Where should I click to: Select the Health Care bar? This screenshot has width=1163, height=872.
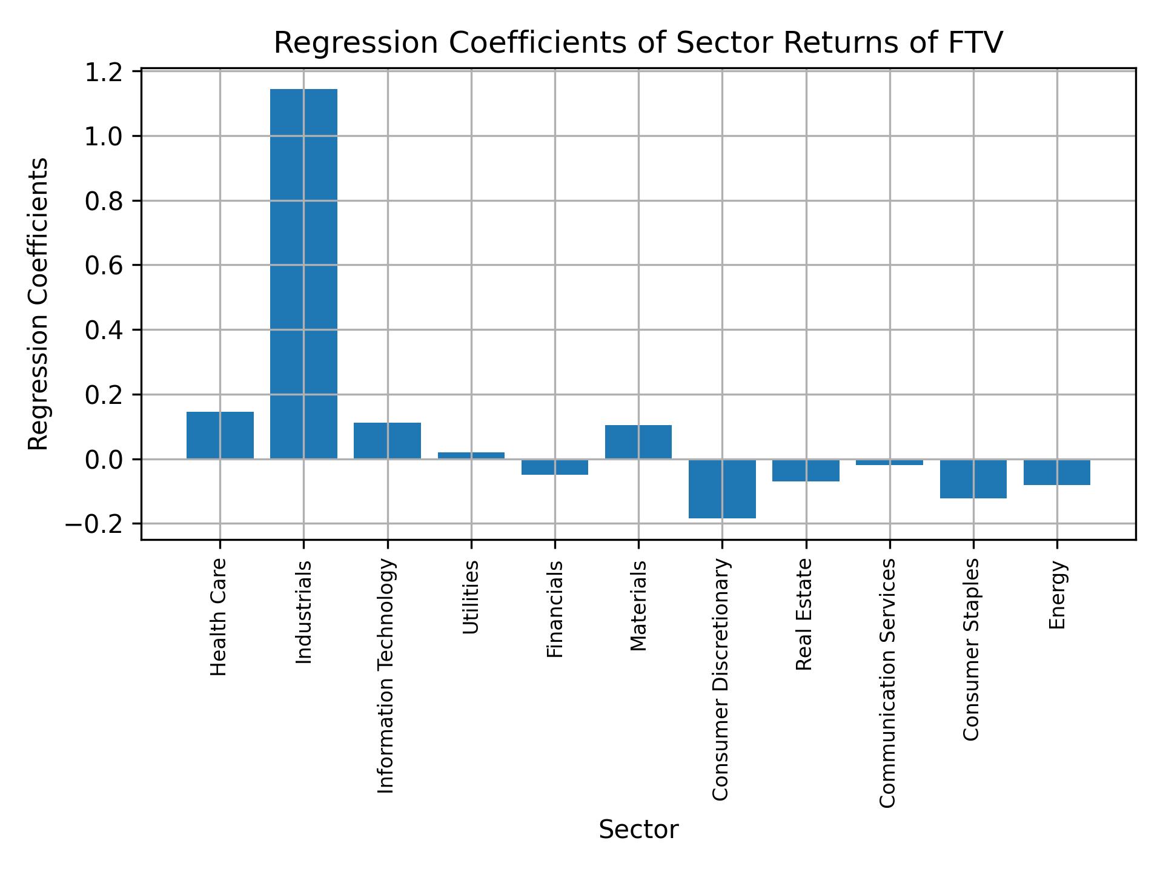(220, 435)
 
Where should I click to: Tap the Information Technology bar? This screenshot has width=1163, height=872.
(387, 440)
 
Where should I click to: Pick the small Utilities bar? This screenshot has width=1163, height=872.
(471, 455)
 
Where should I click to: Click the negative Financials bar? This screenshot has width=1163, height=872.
(554, 467)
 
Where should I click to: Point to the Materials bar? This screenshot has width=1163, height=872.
(638, 441)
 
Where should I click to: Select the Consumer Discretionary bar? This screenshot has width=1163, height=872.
(722, 489)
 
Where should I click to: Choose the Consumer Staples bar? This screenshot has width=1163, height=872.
(973, 478)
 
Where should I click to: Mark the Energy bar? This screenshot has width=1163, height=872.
(1056, 472)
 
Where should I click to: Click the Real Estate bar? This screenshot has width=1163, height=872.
(806, 470)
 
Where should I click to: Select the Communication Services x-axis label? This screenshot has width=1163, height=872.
(887, 682)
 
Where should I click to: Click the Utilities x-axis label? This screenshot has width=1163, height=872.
(471, 597)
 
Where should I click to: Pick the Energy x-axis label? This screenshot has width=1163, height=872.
(1056, 595)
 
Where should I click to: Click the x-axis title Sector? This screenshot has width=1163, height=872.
(638, 830)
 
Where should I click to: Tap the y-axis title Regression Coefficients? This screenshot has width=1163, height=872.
(38, 303)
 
